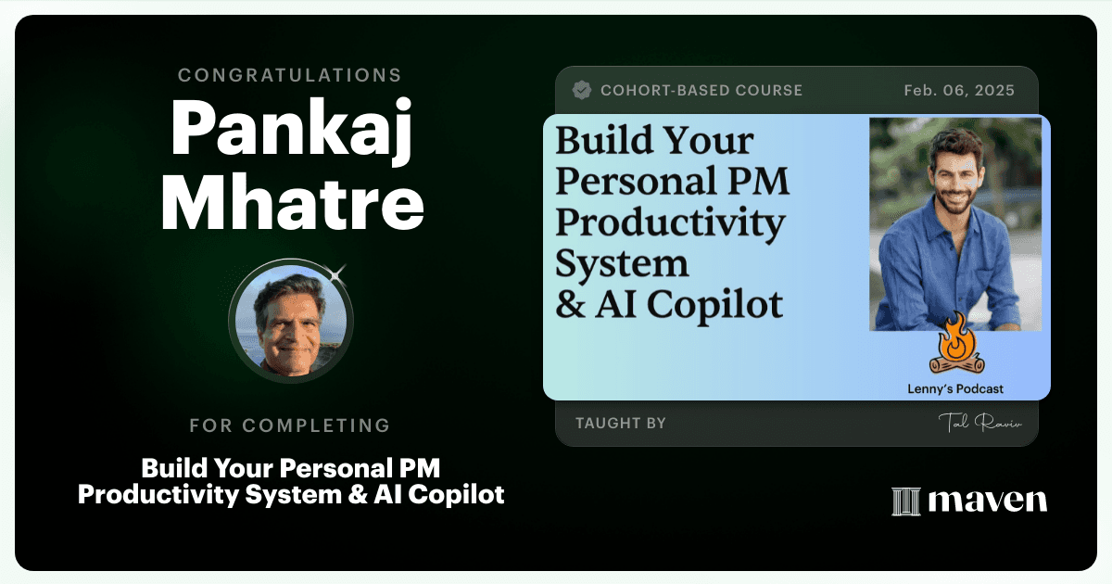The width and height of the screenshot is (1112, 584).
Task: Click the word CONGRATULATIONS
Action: pos(289,75)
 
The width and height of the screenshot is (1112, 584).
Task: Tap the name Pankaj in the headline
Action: pos(292,130)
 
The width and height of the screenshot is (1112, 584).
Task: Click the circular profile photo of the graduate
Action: pos(291,321)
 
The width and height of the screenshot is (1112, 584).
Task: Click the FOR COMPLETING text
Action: pos(290,425)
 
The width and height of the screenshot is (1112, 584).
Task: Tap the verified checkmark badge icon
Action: pos(582,91)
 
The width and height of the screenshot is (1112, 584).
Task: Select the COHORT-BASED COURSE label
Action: pos(701,91)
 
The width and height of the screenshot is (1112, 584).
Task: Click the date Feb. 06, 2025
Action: pos(959,91)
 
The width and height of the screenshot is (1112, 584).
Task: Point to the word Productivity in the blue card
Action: pos(670,224)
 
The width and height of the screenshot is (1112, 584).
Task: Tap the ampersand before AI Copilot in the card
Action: pos(571,304)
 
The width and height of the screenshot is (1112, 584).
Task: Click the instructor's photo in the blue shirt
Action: pos(955,224)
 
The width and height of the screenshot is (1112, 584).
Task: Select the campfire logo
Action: pos(956,344)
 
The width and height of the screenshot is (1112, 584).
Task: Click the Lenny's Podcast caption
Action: pos(955,388)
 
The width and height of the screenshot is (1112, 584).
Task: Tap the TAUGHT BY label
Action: pos(621,423)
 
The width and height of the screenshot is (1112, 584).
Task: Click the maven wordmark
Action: pos(988,501)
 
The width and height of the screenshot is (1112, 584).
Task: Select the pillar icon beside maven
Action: pos(906,501)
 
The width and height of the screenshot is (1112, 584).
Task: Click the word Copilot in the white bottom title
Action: pos(456,495)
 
